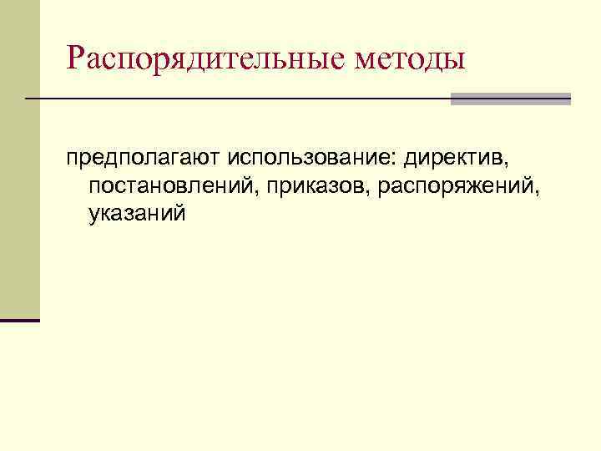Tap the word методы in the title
410,59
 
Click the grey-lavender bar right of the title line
511,99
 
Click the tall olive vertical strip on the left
19,159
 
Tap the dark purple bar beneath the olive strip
19,320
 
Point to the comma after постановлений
261,191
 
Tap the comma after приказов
371,191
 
